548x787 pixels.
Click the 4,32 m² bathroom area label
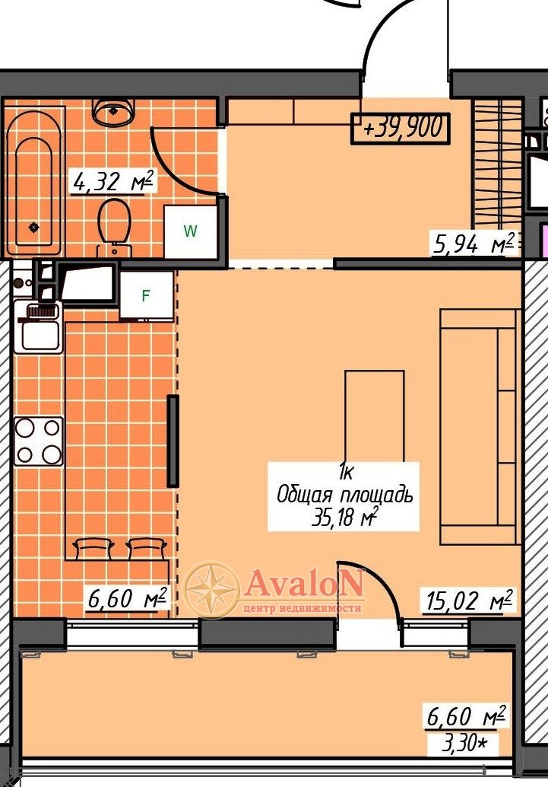(112, 181)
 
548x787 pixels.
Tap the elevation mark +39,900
(400, 129)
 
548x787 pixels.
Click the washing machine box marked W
(191, 231)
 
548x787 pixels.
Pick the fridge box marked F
(147, 295)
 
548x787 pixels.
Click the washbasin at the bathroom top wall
(114, 112)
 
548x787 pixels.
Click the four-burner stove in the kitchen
(39, 441)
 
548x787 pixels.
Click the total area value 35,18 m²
(344, 517)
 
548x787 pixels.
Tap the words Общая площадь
(345, 495)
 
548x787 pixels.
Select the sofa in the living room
(478, 427)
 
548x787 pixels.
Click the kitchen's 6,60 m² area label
(128, 598)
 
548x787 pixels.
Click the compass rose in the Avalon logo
(212, 589)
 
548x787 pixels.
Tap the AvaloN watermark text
(304, 583)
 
